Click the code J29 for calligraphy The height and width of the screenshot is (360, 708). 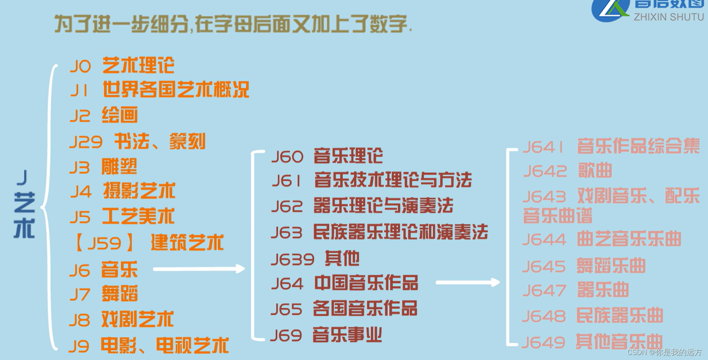pyautogui.click(x=86, y=142)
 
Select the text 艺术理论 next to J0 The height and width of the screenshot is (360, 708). pyautogui.click(x=138, y=65)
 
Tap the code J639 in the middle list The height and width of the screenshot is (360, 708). pyautogui.click(x=292, y=259)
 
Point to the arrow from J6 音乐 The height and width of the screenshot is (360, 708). pyautogui.click(x=199, y=269)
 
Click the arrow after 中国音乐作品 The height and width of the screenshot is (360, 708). pyautogui.click(x=467, y=283)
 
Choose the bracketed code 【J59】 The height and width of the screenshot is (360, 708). pyautogui.click(x=104, y=243)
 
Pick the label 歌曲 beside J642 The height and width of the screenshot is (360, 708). pyautogui.click(x=595, y=170)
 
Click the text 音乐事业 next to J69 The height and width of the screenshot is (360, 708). pyautogui.click(x=347, y=335)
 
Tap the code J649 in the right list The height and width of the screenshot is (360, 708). pyautogui.click(x=543, y=342)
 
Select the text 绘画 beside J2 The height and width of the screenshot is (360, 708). pyautogui.click(x=120, y=116)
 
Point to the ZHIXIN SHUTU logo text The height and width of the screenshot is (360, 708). pyautogui.click(x=669, y=17)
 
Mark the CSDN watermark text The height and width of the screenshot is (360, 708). pyautogui.click(x=664, y=352)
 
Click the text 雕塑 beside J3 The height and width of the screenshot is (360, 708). pyautogui.click(x=119, y=167)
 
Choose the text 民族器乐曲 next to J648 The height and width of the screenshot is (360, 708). pyautogui.click(x=620, y=316)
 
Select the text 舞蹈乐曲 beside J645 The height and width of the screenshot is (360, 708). pyautogui.click(x=611, y=266)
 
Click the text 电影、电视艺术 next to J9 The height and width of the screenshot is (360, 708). pyautogui.click(x=164, y=346)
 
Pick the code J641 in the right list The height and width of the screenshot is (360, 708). pyautogui.click(x=543, y=147)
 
